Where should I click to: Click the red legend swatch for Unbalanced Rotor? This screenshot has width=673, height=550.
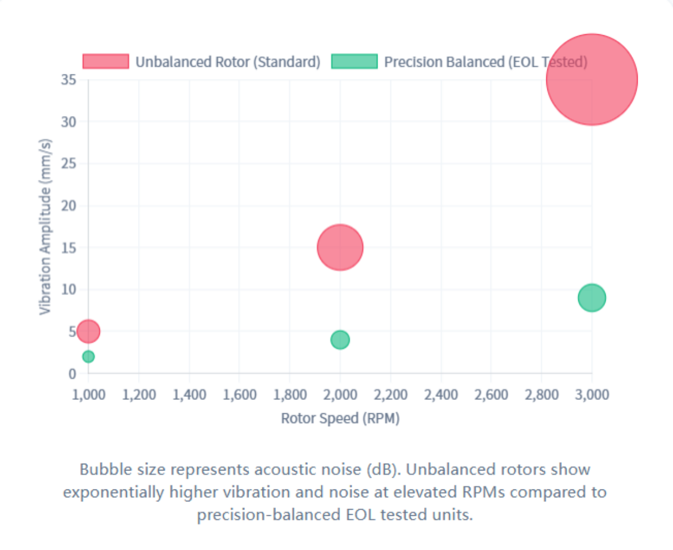click(105, 61)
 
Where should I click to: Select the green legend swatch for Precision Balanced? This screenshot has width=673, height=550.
click(354, 61)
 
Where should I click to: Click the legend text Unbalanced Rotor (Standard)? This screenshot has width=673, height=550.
click(228, 62)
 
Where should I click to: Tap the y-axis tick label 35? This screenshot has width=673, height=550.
click(68, 80)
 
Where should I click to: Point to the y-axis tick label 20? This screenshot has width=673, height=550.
click(68, 206)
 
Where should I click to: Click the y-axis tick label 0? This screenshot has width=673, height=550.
click(72, 374)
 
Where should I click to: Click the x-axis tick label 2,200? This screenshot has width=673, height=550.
click(390, 395)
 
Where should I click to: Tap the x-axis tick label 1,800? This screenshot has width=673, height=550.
click(289, 395)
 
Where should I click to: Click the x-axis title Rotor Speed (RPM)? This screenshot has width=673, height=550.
click(340, 418)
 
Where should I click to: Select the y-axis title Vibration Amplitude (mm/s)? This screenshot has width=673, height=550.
click(46, 226)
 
